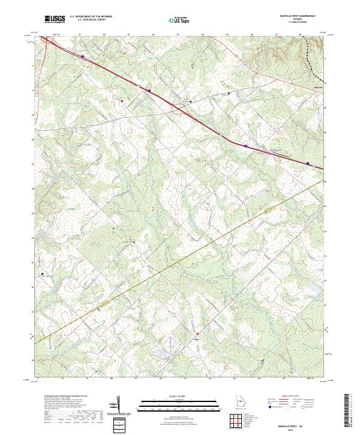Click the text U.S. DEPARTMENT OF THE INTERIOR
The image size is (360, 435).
(91, 16)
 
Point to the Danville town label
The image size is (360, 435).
(319, 88)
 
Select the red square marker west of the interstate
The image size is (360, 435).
(122, 101)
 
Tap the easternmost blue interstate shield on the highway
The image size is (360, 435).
(308, 163)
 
